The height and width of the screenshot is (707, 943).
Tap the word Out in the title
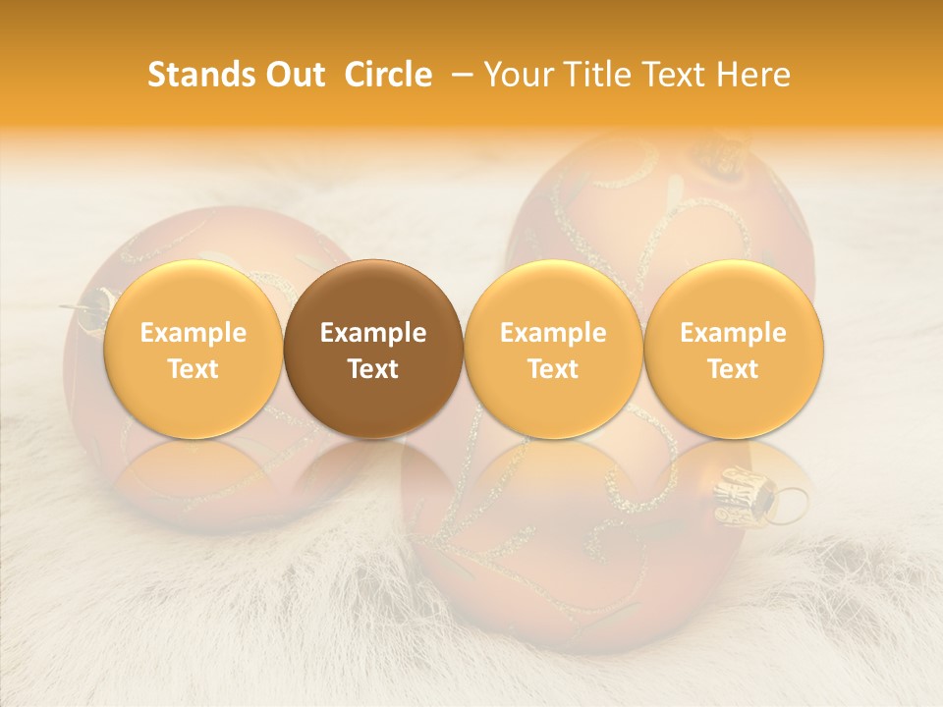[x=294, y=75]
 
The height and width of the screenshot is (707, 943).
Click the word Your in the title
[x=518, y=75]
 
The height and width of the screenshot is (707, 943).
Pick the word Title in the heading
[x=595, y=75]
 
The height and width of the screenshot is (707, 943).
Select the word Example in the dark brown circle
[x=373, y=333]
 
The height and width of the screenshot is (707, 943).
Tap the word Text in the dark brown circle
[x=373, y=369]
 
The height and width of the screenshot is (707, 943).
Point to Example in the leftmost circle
[x=193, y=333]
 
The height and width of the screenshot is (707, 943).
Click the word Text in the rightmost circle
[x=733, y=369]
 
